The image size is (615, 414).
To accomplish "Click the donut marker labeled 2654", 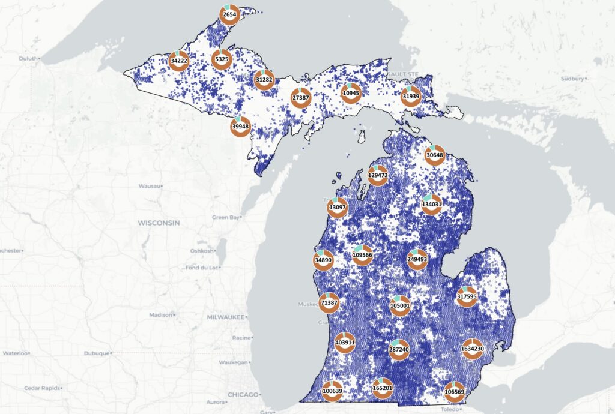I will tap(229, 14).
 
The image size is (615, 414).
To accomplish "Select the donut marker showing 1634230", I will tap(473, 349).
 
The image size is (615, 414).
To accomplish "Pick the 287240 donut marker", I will tap(399, 349).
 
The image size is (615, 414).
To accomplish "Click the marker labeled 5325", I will tap(222, 59).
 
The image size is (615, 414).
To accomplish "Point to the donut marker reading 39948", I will tap(240, 127).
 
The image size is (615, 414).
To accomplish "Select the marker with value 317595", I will tap(467, 296).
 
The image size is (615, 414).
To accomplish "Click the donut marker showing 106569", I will tap(454, 392).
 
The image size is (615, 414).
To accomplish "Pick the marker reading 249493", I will tap(417, 259).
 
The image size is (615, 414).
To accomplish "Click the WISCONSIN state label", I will tap(159, 223).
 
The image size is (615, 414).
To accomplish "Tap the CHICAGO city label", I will tap(243, 395).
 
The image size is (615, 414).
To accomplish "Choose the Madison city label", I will tap(160, 315).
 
